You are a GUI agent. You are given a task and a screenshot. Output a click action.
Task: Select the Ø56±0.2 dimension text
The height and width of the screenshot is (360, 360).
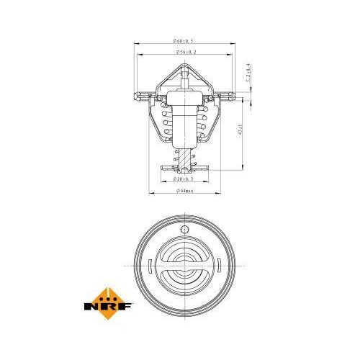pos(186,52)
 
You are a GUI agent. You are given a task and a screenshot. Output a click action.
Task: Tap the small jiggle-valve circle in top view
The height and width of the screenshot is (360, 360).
pos(185,230)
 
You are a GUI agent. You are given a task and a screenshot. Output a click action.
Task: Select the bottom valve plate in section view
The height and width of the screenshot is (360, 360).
pos(185,167)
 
